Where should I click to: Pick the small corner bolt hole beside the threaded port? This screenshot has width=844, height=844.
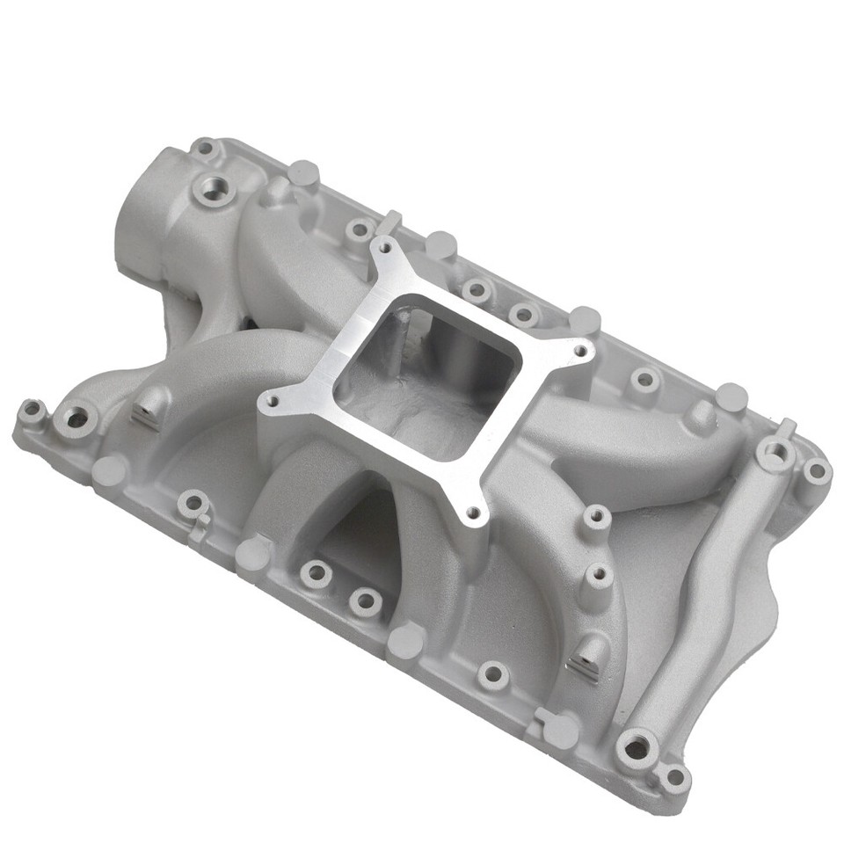click(x=206, y=149)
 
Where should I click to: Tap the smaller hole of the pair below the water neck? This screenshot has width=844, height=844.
click(x=33, y=409)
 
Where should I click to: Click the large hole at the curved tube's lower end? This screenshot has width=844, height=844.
click(x=635, y=749)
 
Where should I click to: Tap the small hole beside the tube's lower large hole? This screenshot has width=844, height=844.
click(x=675, y=775)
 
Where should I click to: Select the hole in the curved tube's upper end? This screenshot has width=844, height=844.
click(x=774, y=454)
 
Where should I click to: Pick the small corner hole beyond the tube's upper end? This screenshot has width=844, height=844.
click(x=817, y=470)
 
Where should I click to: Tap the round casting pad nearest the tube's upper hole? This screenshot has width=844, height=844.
click(x=730, y=397)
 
